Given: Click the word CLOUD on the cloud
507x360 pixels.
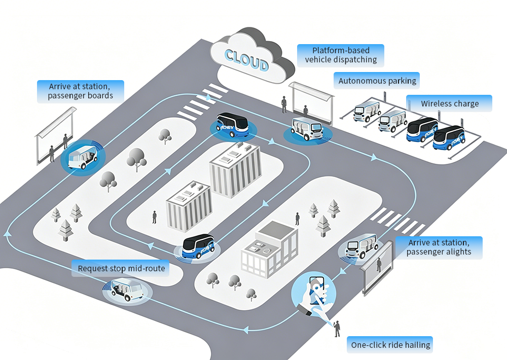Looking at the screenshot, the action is coord(246,60).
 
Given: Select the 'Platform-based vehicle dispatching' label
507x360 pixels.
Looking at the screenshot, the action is coord(341,55).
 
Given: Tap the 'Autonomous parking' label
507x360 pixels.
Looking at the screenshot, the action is coord(377,81).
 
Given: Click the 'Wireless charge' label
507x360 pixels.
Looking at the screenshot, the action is coord(449,103).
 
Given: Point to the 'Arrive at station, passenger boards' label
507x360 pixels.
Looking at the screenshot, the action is coord(81,91).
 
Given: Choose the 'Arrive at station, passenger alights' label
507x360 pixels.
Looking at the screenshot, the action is coord(439,247).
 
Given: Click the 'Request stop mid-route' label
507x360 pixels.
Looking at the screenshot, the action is coord(121,268).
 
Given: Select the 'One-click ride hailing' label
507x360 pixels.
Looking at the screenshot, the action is coord(390,345).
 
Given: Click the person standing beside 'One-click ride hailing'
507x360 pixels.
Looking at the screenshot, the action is coord(337,329).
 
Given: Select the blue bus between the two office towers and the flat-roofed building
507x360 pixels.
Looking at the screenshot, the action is coord(198,246).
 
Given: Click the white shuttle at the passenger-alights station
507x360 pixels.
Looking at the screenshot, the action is coord(361,246).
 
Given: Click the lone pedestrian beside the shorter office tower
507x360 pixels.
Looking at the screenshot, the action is coord(155,217).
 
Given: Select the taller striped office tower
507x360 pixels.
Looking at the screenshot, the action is coord(235,169).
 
